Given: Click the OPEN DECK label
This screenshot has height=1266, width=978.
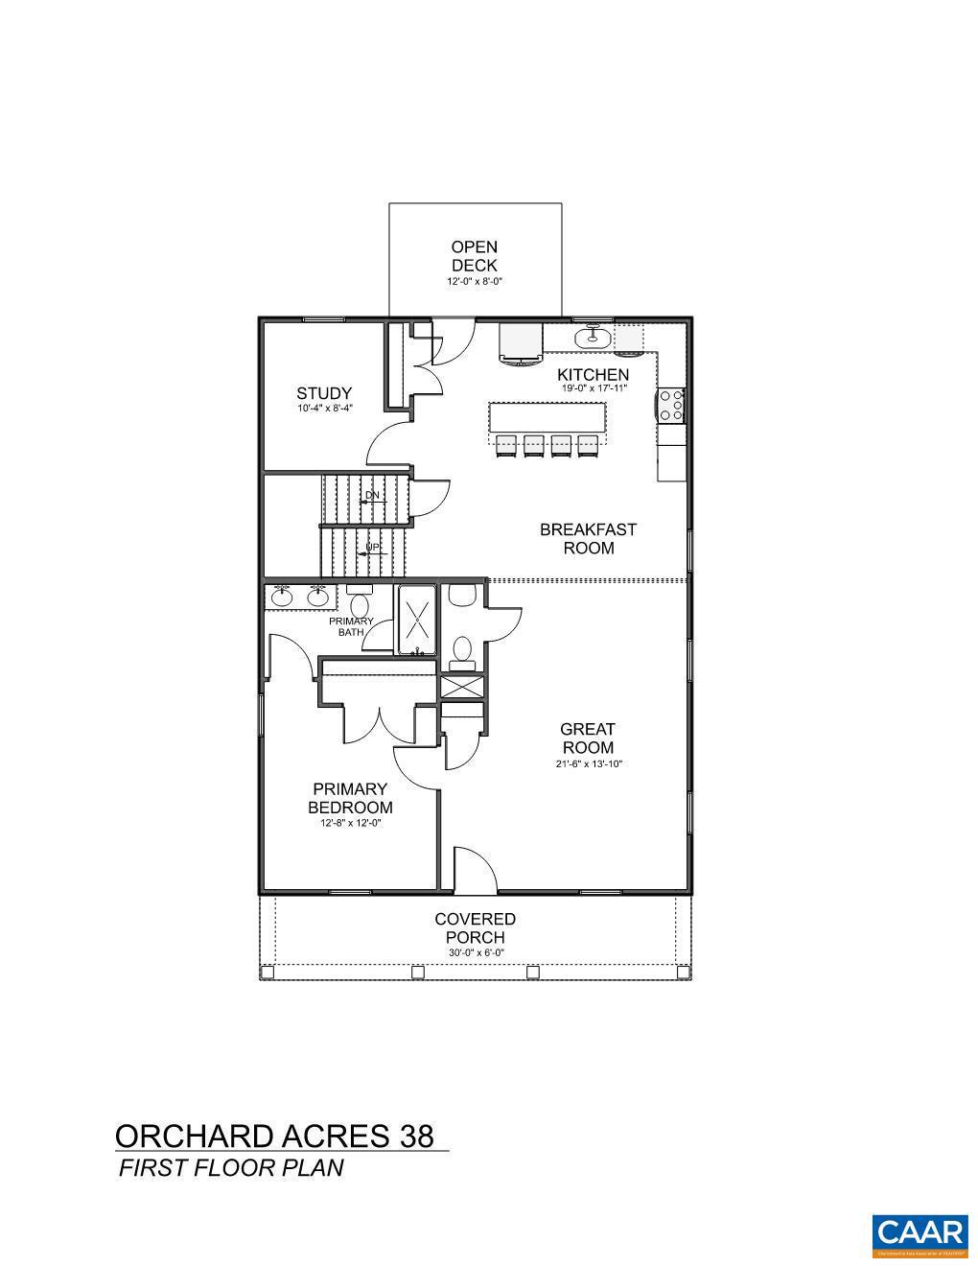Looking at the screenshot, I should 475,256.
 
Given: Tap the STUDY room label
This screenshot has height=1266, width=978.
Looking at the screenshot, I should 324,393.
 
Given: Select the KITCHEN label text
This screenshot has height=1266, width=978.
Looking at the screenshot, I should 594,375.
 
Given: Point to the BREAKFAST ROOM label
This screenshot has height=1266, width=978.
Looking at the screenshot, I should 588,538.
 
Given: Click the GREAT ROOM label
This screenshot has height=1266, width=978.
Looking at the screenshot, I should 588,738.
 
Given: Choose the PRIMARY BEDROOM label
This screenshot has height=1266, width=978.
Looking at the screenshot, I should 350,798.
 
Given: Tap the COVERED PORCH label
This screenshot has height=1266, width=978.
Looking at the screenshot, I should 475,928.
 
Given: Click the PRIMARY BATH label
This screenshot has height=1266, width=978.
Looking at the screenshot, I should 351,626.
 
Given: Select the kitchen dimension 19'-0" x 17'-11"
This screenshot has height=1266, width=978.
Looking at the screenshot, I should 594,389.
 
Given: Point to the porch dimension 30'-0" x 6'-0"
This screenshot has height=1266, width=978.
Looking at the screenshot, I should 475,952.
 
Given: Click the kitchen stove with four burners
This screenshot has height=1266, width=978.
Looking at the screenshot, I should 670,405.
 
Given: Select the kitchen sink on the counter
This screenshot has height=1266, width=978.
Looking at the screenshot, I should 593,337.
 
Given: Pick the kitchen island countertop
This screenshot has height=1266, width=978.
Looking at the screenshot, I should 547,417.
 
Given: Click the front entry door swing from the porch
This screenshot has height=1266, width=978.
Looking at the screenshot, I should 475,869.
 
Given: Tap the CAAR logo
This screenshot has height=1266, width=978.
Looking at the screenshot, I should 919,1236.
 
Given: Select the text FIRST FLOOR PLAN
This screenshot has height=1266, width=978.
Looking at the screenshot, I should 230,1167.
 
